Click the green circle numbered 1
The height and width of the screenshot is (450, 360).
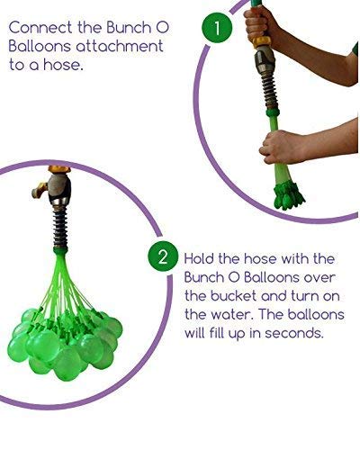(218, 28)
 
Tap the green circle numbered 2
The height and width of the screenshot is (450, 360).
(163, 256)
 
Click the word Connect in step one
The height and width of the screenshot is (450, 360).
(40, 28)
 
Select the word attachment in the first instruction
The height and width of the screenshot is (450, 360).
(119, 47)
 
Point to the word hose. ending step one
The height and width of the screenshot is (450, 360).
(63, 65)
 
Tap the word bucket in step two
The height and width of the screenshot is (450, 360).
(233, 296)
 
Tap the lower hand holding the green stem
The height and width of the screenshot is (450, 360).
(279, 147)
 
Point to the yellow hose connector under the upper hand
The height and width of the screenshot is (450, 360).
(261, 42)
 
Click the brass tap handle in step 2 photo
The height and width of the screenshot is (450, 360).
(40, 190)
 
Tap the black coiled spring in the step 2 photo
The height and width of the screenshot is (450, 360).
(61, 228)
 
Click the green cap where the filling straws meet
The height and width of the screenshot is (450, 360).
(61, 250)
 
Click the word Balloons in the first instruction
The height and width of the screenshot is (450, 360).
(40, 47)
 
